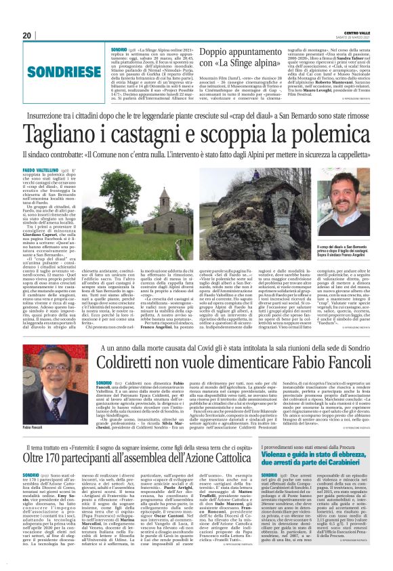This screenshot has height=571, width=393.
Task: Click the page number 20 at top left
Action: pos(27,35)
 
